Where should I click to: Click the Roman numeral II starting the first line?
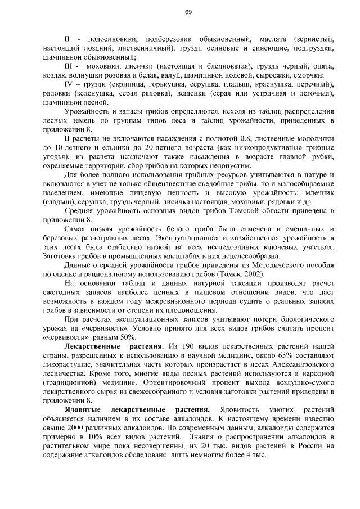[67, 39]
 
